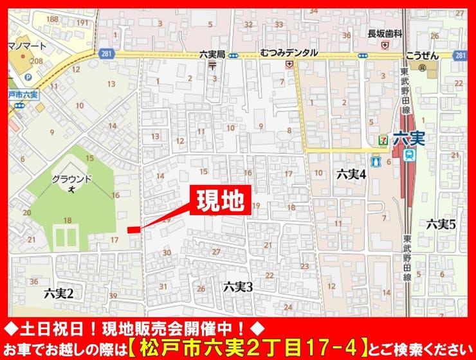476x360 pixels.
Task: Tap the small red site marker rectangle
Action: point(133,230)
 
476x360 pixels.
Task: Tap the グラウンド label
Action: point(72,179)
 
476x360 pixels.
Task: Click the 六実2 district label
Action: point(60,293)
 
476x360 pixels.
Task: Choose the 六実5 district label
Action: point(441,224)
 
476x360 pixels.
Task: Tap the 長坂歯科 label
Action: point(385,34)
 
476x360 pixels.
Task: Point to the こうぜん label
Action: point(423,56)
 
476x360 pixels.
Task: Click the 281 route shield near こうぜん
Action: point(459,56)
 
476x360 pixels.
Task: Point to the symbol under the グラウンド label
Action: point(72,189)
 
